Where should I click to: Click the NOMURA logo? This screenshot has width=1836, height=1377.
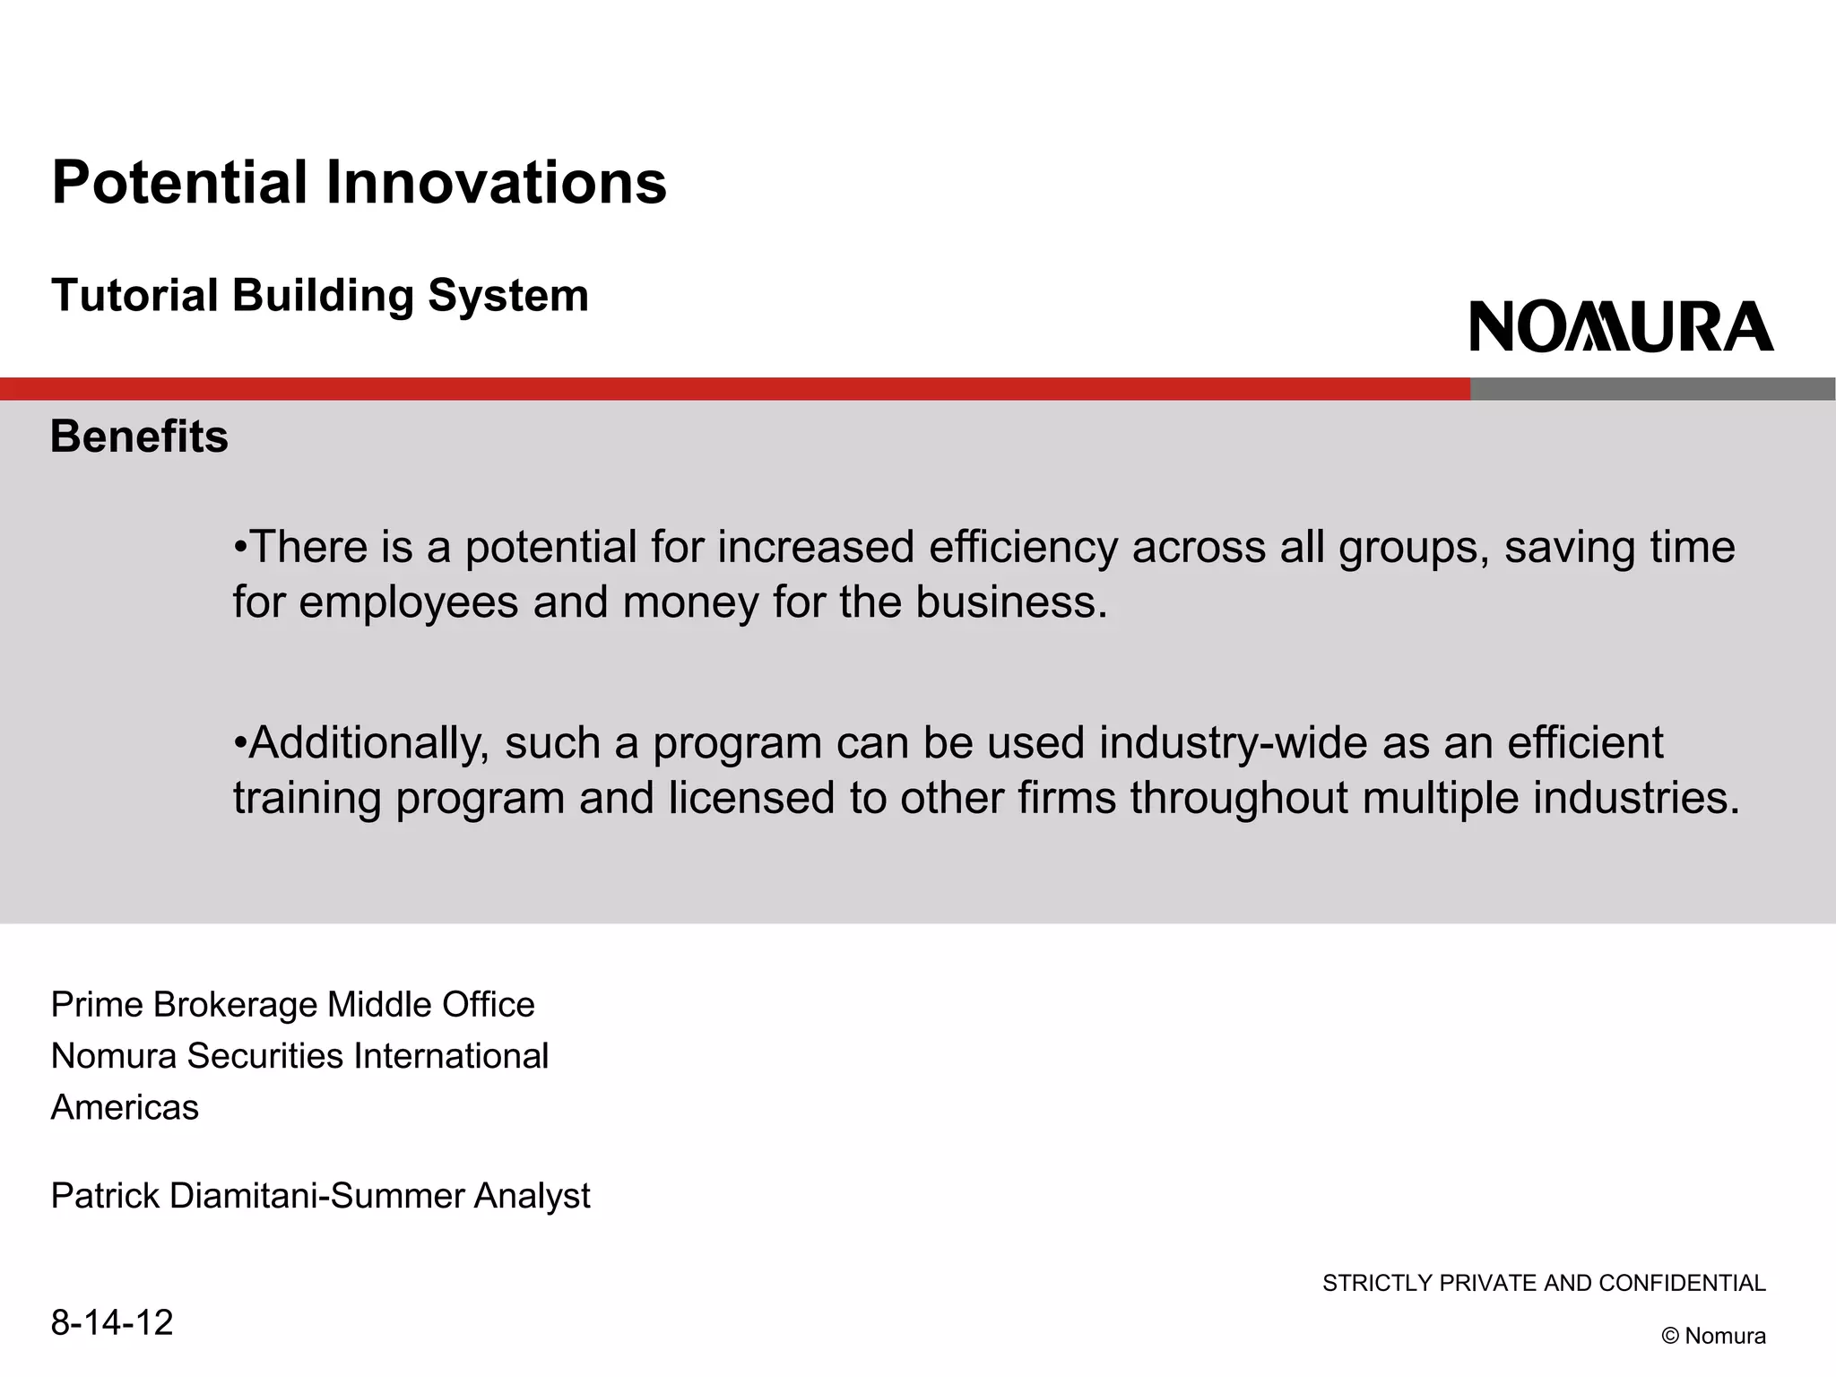click(1621, 326)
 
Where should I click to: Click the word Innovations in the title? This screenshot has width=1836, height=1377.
click(495, 183)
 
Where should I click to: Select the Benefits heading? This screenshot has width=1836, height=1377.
click(139, 437)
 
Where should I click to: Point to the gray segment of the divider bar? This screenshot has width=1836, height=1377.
click(1651, 389)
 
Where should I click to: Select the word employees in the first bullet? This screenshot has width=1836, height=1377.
click(408, 602)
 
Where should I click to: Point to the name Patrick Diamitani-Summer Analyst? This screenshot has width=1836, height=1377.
click(320, 1196)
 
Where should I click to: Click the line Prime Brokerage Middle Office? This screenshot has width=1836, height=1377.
click(292, 1005)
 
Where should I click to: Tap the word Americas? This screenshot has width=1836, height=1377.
click(125, 1108)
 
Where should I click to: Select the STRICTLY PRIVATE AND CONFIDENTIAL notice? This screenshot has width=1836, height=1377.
click(1544, 1284)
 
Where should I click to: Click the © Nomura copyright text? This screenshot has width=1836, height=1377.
click(1713, 1336)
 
